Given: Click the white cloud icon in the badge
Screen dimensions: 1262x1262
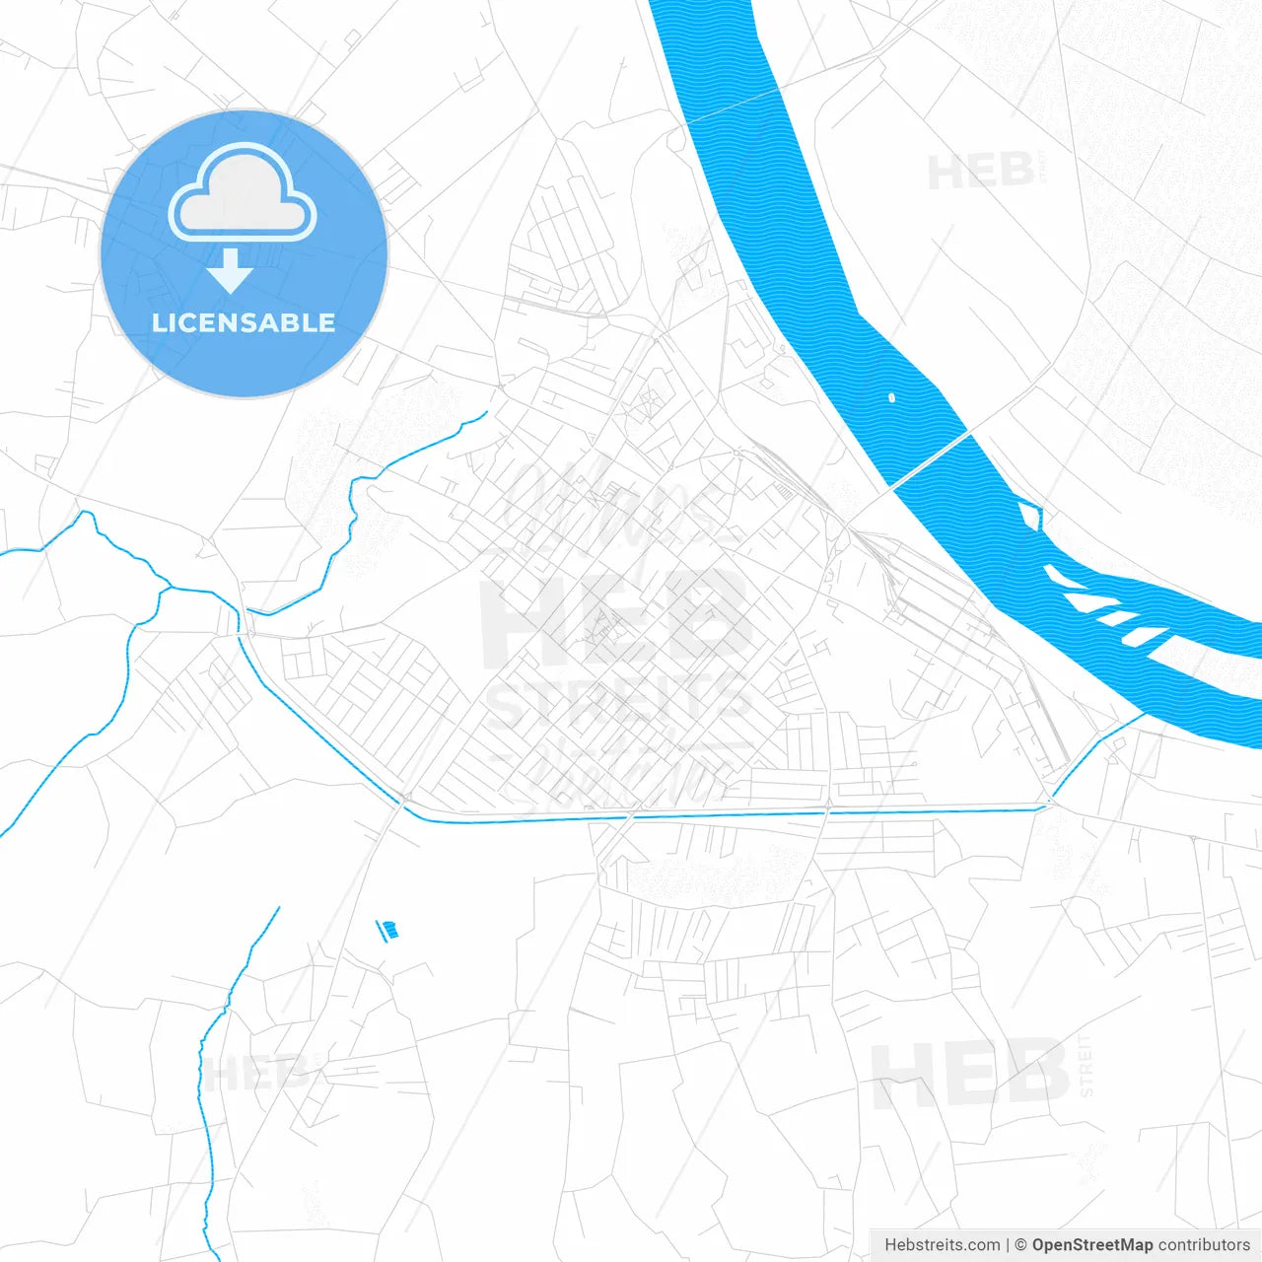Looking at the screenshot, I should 243,193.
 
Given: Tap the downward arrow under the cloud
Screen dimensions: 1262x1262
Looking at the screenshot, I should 231,271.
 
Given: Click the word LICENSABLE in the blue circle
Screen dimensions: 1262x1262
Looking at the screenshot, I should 244,322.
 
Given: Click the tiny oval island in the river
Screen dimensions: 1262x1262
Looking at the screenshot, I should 891,398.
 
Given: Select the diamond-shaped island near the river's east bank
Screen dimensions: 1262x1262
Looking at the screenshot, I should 1029,515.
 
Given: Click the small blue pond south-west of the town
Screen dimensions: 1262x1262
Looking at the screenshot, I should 388,929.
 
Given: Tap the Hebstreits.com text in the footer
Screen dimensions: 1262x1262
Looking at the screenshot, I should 942,1245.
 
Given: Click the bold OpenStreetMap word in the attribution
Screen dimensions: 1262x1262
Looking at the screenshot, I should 1091,1245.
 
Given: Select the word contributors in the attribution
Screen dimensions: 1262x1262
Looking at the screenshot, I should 1204,1245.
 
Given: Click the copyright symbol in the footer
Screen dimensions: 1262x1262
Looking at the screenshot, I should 1020,1245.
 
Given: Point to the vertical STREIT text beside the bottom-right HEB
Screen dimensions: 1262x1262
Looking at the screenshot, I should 1086,1066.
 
